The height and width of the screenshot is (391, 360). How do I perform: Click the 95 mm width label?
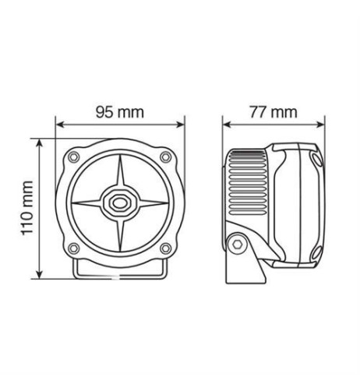(x=120, y=111)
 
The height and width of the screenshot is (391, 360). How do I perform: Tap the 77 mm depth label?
(x=273, y=111)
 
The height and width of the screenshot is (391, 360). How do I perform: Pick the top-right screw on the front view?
(x=165, y=157)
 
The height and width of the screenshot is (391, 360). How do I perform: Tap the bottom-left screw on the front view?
(x=74, y=249)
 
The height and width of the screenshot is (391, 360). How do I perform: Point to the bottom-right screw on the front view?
(x=165, y=249)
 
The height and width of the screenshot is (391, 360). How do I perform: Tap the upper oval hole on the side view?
(x=316, y=160)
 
